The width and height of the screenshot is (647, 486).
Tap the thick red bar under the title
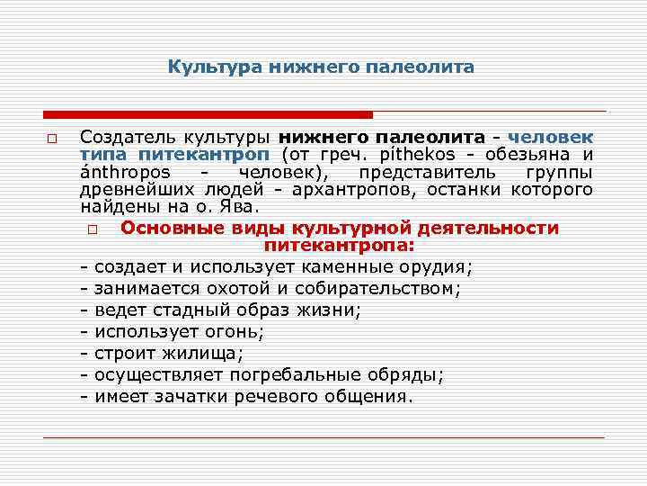[208, 114]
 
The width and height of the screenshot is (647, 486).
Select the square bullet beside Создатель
[53, 139]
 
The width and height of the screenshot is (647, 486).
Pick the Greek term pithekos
[428, 156]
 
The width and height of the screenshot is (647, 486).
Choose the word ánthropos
[120, 173]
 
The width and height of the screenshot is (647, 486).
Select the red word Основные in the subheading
[167, 229]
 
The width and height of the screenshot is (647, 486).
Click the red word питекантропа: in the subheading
[339, 246]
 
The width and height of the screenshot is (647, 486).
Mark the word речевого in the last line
[285, 397]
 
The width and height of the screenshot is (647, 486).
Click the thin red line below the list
[323, 436]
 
